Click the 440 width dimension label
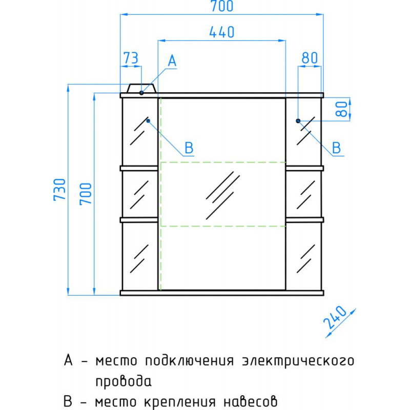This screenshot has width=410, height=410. coord(222,32)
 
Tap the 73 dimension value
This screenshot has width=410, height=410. coord(131,58)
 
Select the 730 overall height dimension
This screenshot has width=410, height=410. coord(59,190)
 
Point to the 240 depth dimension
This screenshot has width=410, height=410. coord(335,317)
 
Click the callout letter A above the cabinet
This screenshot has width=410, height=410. coord(172,61)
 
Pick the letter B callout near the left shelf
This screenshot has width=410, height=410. coord(189,148)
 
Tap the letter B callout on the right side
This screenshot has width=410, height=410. coord(336,148)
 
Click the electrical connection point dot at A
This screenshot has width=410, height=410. coord(141,93)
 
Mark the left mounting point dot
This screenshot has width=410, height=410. coord(148,120)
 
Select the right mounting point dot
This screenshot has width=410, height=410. coord(298,120)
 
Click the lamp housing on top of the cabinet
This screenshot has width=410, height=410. coord(141,88)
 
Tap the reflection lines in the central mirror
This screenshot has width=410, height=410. coord(223,195)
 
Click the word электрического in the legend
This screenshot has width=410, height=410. coord(298,361)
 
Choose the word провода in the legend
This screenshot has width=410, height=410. coord(124,381)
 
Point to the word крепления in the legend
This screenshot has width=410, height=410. coord(180,402)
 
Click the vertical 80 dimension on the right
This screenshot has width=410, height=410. coord(342,109)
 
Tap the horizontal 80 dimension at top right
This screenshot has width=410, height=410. coord(310,58)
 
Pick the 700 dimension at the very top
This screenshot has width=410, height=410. coord(222,6)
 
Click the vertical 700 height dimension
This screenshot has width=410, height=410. coord(86,194)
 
